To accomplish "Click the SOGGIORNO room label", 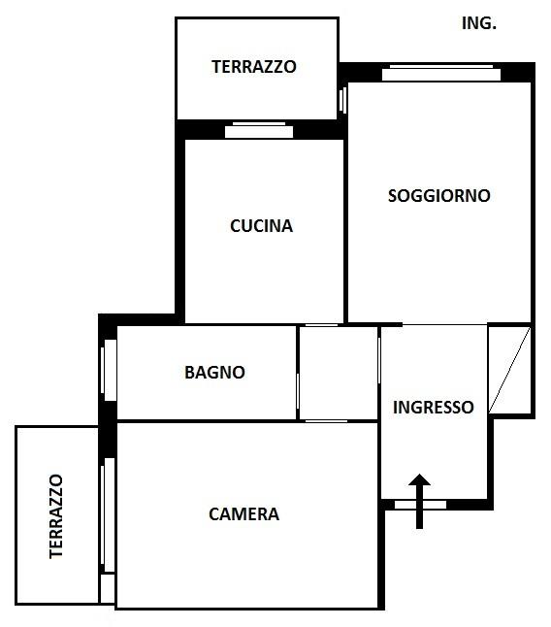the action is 439,195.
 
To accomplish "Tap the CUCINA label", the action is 261,226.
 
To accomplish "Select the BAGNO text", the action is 214,373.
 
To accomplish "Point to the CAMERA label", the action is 243,514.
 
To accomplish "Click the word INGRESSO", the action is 433,407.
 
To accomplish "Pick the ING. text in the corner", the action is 478,23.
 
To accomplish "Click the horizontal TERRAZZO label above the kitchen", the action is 254,66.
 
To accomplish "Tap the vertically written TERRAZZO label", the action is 56,516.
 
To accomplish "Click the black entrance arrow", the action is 419,502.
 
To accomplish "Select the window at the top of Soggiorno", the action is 441,73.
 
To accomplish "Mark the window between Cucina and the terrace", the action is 259,130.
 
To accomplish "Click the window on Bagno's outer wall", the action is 109,371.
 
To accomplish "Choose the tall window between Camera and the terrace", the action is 108,515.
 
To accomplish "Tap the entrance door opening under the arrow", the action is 420,505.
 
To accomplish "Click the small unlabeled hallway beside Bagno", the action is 339,373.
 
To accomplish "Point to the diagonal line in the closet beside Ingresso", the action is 509,370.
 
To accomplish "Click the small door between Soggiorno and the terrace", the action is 342,100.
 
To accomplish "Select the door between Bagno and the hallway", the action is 298,395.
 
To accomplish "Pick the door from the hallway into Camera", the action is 327,421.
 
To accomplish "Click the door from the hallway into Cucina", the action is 322,325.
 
